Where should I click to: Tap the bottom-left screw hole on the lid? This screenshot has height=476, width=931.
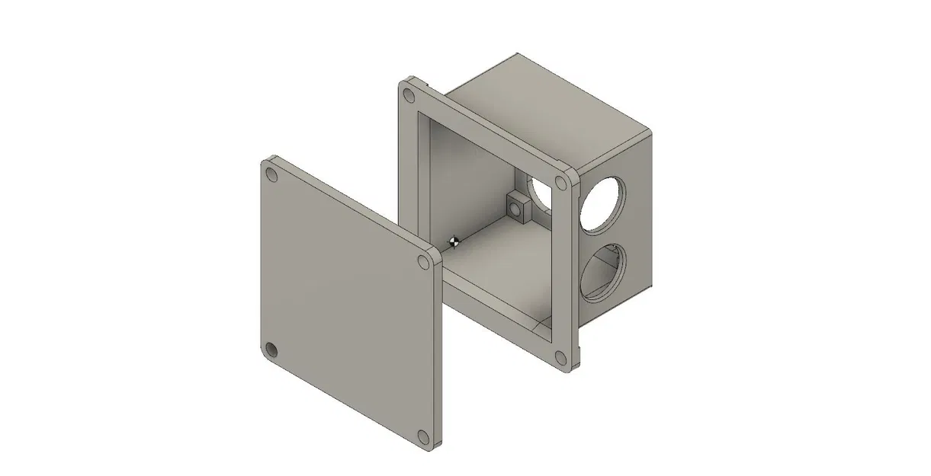272,351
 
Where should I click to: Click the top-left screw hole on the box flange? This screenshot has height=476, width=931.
409,96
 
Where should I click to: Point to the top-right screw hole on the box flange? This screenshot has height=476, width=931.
561,183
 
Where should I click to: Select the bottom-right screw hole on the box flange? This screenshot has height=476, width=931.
561,356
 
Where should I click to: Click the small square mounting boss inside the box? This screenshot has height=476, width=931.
518,206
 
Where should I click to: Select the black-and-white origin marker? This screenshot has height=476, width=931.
454,242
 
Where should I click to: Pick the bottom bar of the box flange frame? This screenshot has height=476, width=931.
496,320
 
